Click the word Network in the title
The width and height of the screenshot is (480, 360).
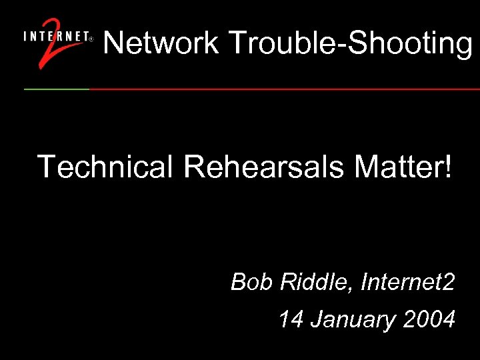[x=161, y=43]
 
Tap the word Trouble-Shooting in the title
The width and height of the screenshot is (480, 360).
[x=350, y=44]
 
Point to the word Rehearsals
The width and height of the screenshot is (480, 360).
[x=264, y=166]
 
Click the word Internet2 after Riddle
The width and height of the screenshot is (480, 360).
[x=408, y=283]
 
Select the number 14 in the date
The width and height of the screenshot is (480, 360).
[x=291, y=319]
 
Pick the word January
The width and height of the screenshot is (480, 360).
[x=353, y=320]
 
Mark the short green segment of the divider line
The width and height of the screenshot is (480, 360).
[x=57, y=89]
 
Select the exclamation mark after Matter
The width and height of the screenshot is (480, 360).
[x=447, y=166]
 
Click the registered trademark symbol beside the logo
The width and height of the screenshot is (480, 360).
[x=91, y=39]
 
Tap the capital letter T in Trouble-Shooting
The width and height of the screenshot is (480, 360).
[x=237, y=43]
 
